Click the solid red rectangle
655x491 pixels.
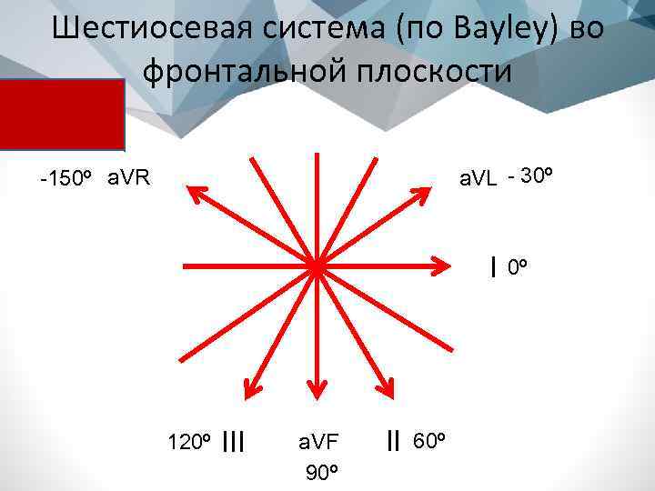tap(62, 114)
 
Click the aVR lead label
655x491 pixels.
tap(128, 176)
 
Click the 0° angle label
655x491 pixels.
tap(517, 267)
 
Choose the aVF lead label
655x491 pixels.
tap(318, 442)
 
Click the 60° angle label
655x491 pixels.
tap(428, 442)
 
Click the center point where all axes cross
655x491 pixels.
tap(316, 266)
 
